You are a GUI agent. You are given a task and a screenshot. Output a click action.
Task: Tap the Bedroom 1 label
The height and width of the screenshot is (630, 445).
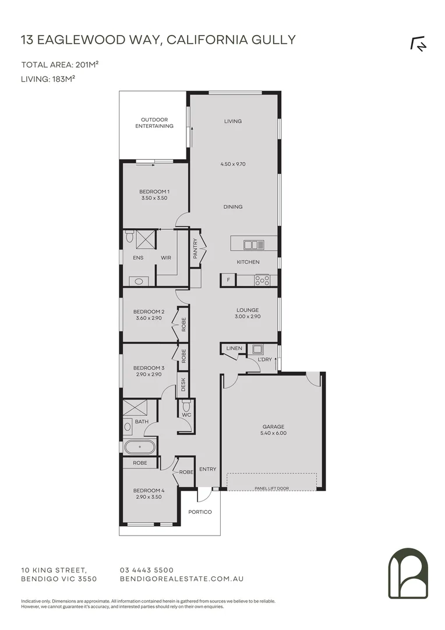154,192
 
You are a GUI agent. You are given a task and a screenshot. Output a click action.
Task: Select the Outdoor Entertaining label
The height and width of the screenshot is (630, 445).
154,123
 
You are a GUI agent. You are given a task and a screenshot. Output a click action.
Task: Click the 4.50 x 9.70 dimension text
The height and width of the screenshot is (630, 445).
233,164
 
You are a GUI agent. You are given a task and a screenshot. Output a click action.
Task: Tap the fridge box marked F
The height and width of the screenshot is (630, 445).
227,281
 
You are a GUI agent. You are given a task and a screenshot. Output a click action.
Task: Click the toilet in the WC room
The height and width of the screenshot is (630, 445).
186,404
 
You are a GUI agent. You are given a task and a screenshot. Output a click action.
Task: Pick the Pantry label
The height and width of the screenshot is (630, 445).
196,249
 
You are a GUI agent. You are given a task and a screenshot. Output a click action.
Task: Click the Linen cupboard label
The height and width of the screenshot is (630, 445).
234,349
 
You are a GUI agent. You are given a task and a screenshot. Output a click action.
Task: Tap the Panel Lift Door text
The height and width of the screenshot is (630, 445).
271,488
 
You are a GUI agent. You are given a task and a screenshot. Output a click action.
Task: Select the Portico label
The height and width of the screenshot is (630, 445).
200,512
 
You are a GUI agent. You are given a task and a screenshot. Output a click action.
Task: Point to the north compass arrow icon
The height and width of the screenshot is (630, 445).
418,44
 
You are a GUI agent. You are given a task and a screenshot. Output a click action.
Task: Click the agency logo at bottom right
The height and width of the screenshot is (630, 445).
408,573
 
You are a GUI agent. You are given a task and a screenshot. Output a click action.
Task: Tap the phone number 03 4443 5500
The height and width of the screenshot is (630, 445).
146,570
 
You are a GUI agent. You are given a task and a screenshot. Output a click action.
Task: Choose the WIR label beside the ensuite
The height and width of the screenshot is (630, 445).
166,257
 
